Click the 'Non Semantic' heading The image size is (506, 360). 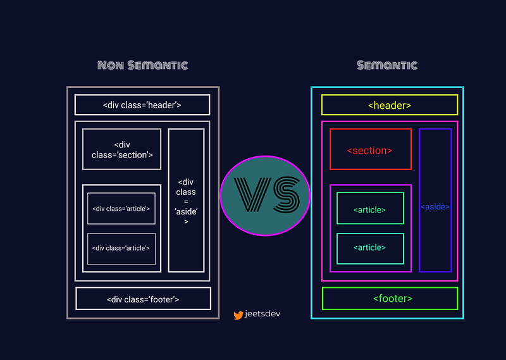(x=143, y=65)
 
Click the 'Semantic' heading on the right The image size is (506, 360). (x=387, y=65)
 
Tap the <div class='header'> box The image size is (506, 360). (x=142, y=105)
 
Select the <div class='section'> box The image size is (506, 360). (x=122, y=149)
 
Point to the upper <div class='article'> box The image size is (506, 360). (x=121, y=209)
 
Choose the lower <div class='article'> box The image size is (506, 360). (x=121, y=248)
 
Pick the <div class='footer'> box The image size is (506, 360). (x=143, y=299)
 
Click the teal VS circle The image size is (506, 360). (x=265, y=195)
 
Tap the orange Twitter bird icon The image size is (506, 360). (x=238, y=314)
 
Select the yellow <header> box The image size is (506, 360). (x=390, y=105)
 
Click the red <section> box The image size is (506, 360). (x=370, y=150)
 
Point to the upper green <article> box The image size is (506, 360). (x=370, y=209)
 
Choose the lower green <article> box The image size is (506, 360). (x=370, y=248)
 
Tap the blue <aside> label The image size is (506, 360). (x=435, y=207)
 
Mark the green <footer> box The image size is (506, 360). (x=390, y=299)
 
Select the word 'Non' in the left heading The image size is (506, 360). (x=113, y=65)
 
